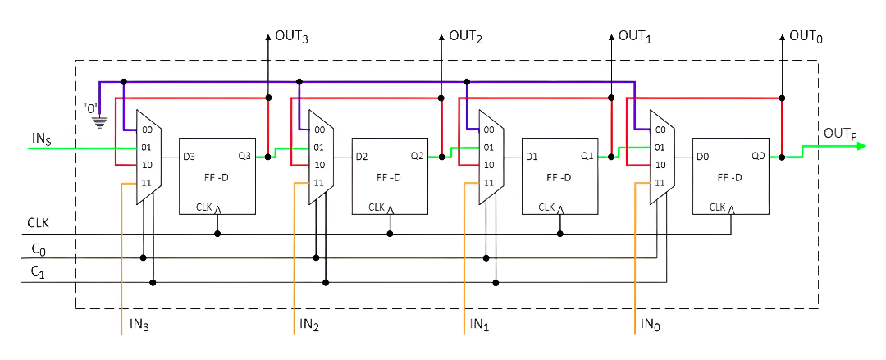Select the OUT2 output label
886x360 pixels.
(x=465, y=37)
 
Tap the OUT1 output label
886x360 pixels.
(x=634, y=37)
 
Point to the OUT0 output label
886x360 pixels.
(x=806, y=37)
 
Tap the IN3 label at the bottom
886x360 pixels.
(x=139, y=326)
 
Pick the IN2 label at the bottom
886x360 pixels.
(x=308, y=326)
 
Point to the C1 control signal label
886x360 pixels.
(x=39, y=271)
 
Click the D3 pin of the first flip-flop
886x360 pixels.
(x=190, y=156)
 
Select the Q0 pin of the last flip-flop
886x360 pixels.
(x=759, y=156)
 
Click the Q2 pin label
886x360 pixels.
(x=418, y=156)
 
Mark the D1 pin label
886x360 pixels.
(x=532, y=156)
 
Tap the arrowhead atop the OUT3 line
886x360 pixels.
(x=268, y=37)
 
